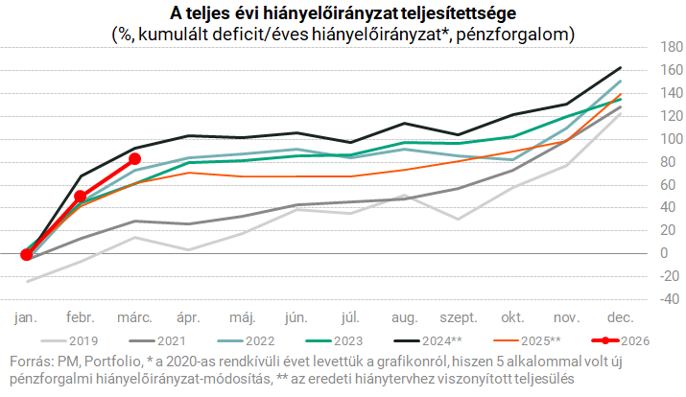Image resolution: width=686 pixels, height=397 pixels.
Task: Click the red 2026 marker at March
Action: [134, 158]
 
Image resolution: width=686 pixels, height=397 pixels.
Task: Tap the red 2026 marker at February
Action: [81, 197]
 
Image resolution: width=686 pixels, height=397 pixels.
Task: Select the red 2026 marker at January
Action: [26, 254]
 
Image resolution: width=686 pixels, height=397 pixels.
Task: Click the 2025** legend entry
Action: [528, 339]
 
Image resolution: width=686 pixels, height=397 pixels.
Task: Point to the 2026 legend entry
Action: [615, 339]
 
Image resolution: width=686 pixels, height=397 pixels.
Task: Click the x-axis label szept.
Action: [458, 315]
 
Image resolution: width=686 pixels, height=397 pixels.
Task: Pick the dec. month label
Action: [620, 315]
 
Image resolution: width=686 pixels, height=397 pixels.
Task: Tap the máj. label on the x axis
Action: [242, 315]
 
